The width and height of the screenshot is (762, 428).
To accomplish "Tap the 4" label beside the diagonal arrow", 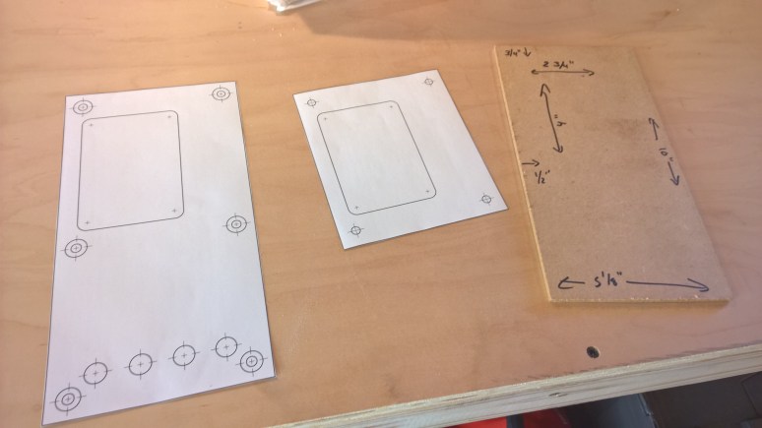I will [x=557, y=125].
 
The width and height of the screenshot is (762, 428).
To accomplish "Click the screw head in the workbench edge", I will [x=594, y=350].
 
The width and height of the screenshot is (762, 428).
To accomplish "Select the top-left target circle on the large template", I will [x=83, y=106].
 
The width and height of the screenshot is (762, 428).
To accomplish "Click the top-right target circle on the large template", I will [x=221, y=94].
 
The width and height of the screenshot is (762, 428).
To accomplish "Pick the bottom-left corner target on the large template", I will [x=68, y=399].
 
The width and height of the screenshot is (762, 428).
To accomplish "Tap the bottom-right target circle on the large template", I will [x=252, y=362].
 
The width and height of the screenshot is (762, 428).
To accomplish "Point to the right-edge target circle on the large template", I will [x=236, y=225].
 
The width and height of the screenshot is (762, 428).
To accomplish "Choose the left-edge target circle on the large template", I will [x=76, y=247].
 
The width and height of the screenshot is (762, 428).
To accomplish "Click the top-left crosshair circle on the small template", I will [x=312, y=101].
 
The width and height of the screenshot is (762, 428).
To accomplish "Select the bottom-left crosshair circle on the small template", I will [x=355, y=230].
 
